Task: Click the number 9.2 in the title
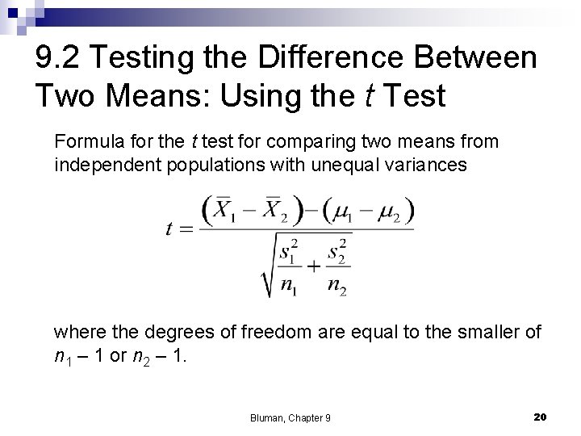[x=61, y=57]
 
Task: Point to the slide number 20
[x=541, y=416]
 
